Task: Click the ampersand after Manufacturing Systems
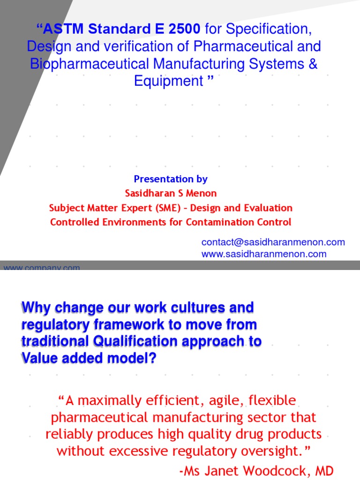(x=313, y=64)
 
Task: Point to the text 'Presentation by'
(x=171, y=179)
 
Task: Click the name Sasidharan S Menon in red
(x=171, y=193)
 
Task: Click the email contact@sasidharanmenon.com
(x=273, y=242)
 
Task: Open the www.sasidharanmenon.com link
(x=263, y=254)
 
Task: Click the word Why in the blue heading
(x=37, y=308)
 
